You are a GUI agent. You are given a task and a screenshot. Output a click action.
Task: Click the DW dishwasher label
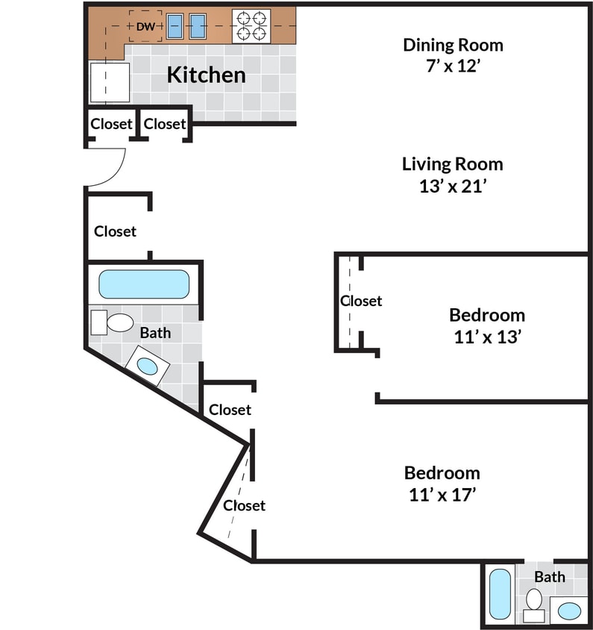click(145, 27)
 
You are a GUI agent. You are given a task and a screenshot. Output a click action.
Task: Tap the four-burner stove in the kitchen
click(251, 26)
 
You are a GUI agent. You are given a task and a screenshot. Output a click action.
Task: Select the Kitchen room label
click(206, 75)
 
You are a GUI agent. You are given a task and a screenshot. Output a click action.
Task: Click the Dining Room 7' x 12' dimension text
click(453, 65)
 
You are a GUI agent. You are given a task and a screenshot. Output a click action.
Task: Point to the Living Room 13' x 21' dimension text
click(453, 186)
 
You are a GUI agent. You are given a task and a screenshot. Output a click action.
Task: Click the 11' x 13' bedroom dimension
click(486, 337)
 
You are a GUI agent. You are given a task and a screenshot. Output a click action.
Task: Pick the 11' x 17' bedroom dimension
click(442, 493)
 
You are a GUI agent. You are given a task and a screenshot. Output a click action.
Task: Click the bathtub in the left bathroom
click(144, 284)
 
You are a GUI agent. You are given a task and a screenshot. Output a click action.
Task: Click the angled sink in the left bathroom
click(147, 366)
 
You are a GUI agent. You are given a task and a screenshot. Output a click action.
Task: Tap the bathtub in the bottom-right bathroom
click(500, 593)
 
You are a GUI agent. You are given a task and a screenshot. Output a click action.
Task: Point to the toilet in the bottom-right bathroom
click(534, 601)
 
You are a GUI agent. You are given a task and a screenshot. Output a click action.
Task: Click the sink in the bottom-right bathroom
click(569, 611)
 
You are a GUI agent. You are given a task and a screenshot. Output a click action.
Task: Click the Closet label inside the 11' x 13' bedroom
click(361, 301)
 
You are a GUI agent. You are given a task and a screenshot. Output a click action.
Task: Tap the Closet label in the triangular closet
click(245, 505)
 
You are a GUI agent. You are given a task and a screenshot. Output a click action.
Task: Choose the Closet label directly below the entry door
click(115, 231)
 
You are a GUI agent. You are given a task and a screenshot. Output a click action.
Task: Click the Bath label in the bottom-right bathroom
click(550, 576)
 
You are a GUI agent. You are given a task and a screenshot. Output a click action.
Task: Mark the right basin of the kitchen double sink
click(197, 26)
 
